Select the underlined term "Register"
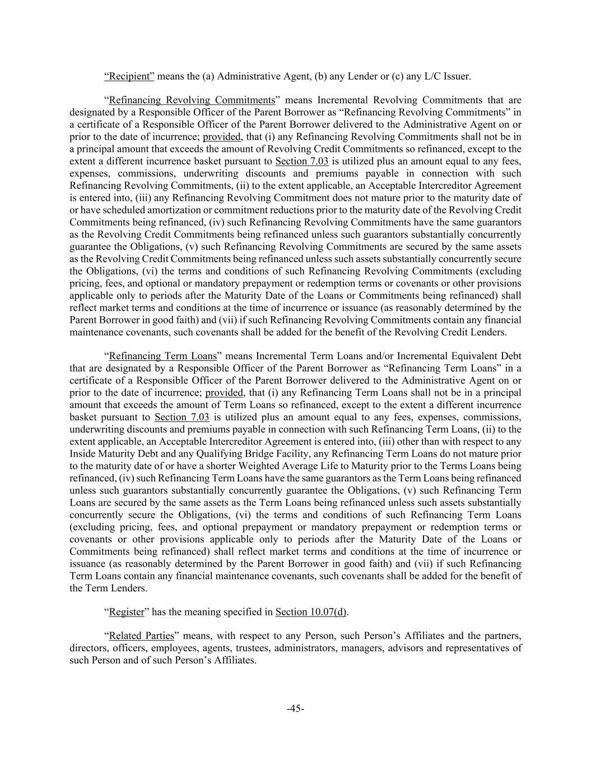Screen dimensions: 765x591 click(x=127, y=612)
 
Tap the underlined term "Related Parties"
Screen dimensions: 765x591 click(x=142, y=636)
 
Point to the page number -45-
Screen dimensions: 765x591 click(x=295, y=708)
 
